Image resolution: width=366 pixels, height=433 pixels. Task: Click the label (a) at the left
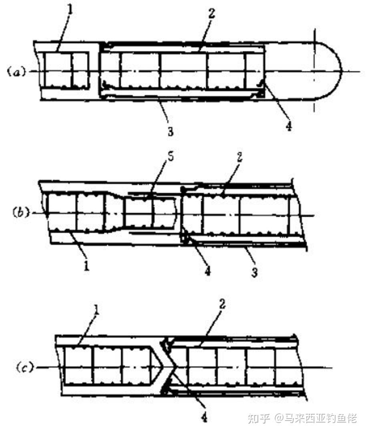click(x=16, y=72)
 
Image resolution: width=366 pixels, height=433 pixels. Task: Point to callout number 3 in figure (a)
click(x=171, y=131)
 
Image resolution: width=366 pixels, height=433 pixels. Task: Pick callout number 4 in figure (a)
click(x=289, y=126)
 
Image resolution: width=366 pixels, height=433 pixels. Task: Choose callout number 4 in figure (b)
click(x=207, y=271)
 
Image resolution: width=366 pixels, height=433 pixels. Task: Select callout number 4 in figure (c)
click(x=204, y=417)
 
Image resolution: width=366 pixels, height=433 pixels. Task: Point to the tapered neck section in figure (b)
click(x=114, y=212)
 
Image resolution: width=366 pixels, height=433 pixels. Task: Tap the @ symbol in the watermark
click(x=280, y=419)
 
